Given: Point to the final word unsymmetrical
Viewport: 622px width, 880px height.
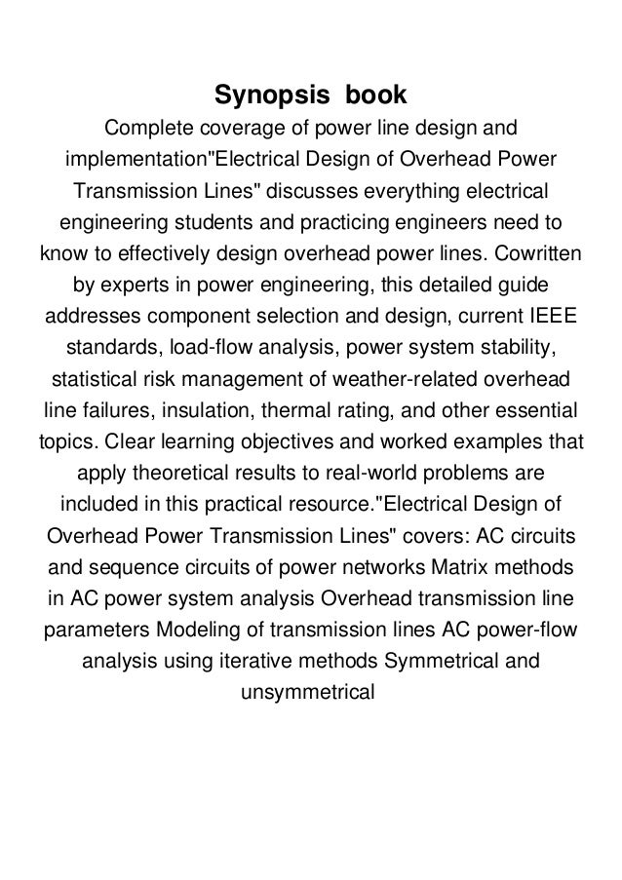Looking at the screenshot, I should tap(310, 694).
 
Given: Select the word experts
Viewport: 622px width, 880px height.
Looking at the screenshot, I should tap(127, 287).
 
